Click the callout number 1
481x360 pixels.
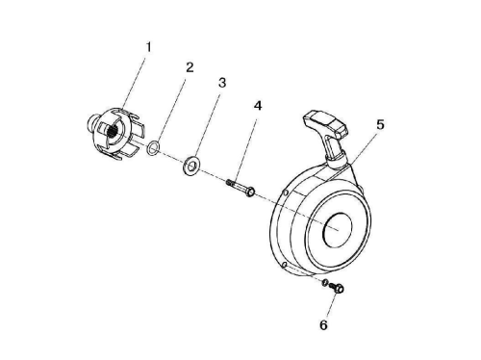148,47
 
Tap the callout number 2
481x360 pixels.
190,67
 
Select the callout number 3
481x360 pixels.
222,83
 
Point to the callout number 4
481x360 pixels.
258,106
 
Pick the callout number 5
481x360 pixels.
380,124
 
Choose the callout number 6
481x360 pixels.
323,325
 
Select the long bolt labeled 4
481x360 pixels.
240,188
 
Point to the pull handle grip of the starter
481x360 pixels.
324,122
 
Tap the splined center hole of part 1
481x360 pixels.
113,131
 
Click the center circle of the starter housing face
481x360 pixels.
339,230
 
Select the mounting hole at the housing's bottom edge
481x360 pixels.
284,265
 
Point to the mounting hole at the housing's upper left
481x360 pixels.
284,193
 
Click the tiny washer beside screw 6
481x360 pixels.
324,283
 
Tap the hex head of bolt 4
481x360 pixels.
250,192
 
